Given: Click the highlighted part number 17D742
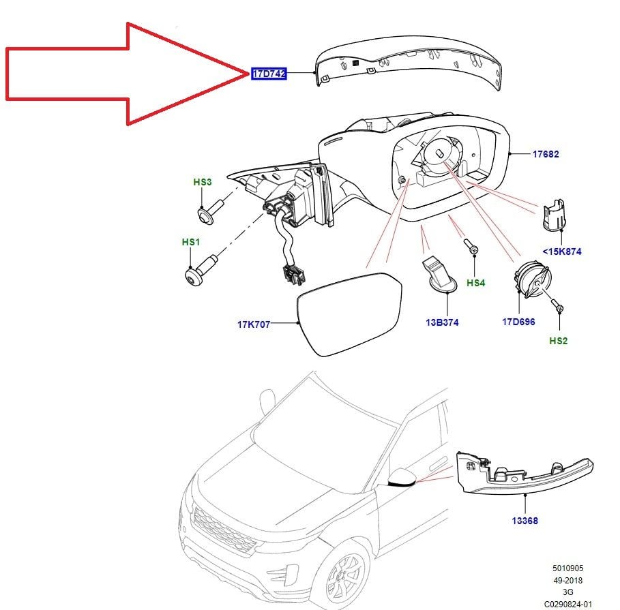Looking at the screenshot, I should [269, 74].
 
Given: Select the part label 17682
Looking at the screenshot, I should [546, 155].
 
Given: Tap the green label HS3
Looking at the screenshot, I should [203, 182].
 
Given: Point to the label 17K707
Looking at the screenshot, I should [254, 324].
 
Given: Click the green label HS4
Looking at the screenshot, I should [475, 282].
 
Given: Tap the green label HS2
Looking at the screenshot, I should [558, 341].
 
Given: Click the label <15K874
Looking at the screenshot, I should [562, 251].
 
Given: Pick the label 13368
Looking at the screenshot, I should [525, 521].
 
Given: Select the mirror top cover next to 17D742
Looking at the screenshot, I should [409, 65].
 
